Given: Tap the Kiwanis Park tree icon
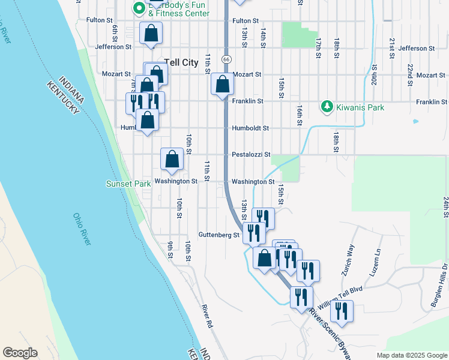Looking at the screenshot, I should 327,107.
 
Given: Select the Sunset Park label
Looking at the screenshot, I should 128,184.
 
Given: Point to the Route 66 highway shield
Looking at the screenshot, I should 226,59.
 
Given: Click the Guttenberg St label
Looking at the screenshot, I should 219,235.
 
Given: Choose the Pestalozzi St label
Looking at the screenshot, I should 252,154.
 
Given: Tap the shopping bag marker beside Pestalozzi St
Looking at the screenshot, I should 172,160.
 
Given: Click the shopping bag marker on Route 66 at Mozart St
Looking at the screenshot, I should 222,85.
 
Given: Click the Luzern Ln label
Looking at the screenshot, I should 378,260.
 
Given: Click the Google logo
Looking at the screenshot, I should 20,353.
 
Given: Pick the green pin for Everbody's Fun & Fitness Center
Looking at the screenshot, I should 139,8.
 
